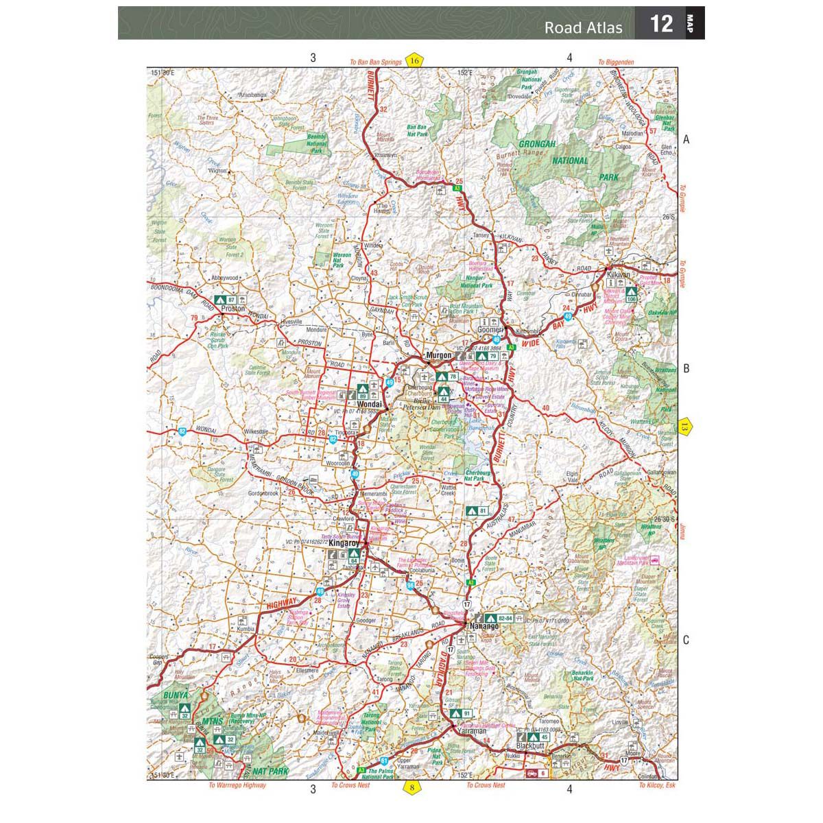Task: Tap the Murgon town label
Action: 439,355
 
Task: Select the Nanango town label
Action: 484,626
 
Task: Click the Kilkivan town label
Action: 619,275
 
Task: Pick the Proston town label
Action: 233,309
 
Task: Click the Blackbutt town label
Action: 530,747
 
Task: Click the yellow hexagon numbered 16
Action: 414,60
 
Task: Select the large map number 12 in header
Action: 660,24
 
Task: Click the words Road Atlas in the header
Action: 583,27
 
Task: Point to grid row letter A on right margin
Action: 685,140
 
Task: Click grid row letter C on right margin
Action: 685,641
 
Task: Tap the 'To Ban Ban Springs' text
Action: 375,62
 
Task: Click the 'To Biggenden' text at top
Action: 615,62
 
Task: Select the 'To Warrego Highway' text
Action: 237,785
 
